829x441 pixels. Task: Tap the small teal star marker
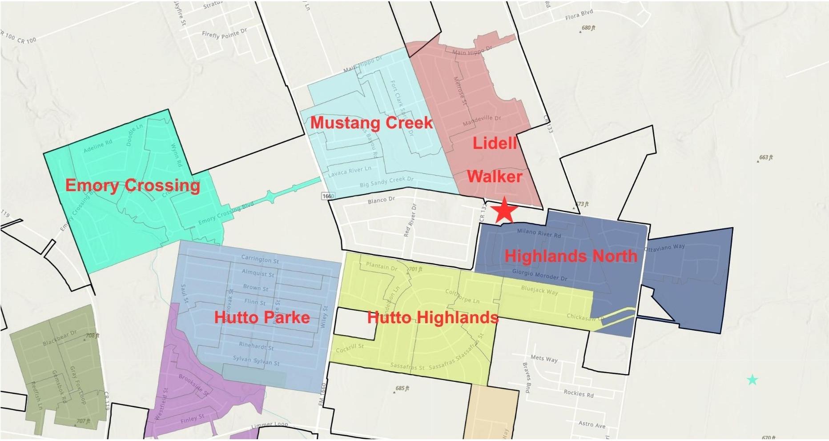point(752,380)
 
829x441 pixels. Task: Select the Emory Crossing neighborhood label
point(133,185)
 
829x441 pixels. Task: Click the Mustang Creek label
point(371,123)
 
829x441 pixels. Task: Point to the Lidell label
point(495,143)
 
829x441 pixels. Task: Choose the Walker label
point(495,176)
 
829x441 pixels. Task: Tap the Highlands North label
point(571,256)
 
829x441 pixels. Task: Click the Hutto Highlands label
point(432,317)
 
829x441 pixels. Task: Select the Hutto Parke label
point(262,317)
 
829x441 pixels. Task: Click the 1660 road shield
point(328,196)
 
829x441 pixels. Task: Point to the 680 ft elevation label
point(588,28)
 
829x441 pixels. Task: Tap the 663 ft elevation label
point(766,157)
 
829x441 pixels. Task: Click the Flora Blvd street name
point(579,16)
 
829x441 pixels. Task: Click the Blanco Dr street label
point(381,200)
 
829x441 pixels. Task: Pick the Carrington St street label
point(260,259)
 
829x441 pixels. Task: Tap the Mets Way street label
point(544,358)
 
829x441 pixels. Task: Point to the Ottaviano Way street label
point(665,248)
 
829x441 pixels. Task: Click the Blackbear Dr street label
point(60,337)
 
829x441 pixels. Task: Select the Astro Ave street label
point(592,424)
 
